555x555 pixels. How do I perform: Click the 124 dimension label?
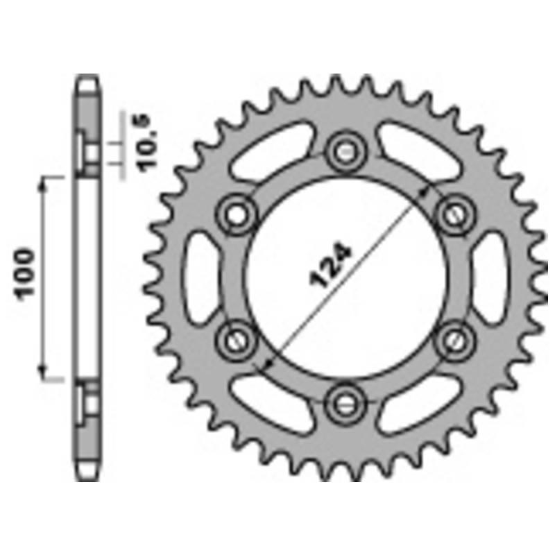(x=331, y=264)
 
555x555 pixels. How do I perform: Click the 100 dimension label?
(x=24, y=275)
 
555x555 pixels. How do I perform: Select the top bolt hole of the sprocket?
(x=345, y=152)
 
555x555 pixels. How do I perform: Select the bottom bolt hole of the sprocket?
(x=345, y=404)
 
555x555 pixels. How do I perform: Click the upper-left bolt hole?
(x=237, y=215)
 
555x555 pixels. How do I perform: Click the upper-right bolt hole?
(x=455, y=215)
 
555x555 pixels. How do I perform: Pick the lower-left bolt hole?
(x=236, y=341)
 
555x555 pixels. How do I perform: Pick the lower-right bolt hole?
(x=456, y=341)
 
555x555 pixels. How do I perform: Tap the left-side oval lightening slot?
(x=200, y=278)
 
